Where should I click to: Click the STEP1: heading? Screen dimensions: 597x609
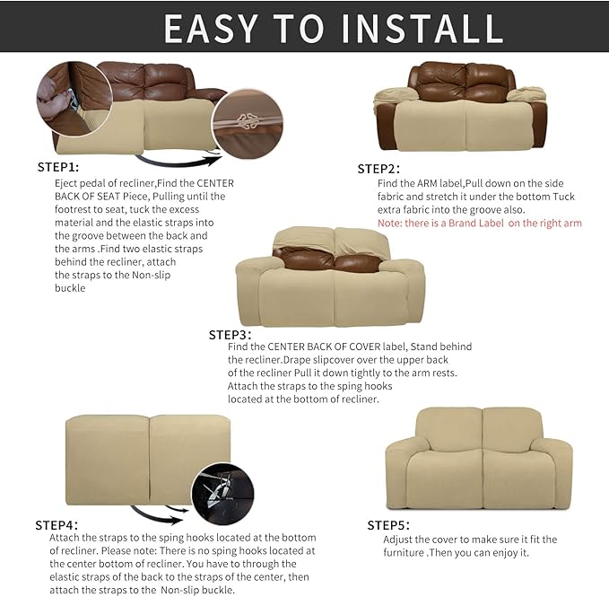[58, 167]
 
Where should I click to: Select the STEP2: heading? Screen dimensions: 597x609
[378, 169]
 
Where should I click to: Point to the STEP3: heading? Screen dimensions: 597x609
[230, 334]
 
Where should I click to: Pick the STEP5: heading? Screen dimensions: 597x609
[388, 524]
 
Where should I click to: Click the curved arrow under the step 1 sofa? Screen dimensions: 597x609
[179, 162]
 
